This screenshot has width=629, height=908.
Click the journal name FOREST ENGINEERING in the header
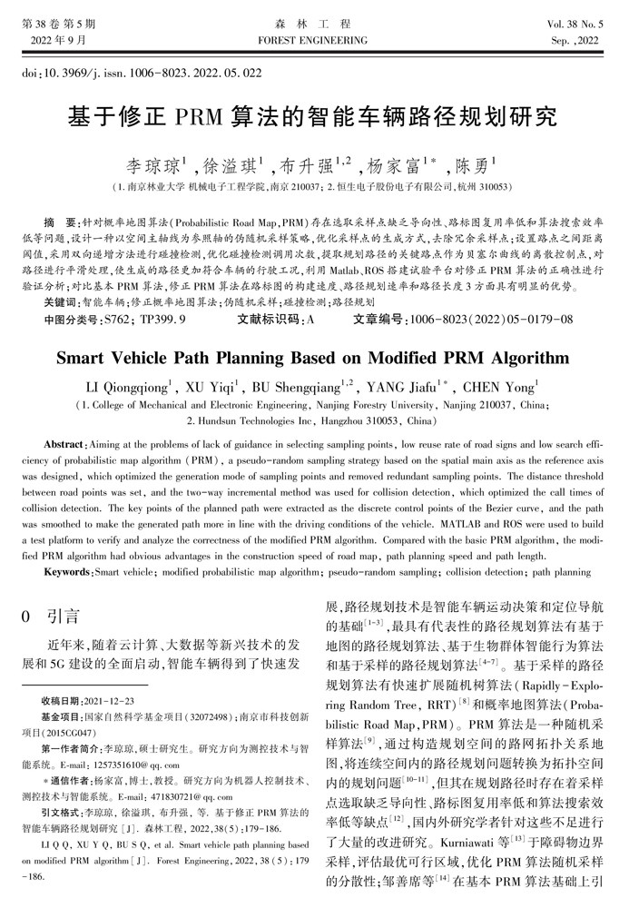pos(313,42)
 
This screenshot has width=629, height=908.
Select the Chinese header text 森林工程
pos(313,25)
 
